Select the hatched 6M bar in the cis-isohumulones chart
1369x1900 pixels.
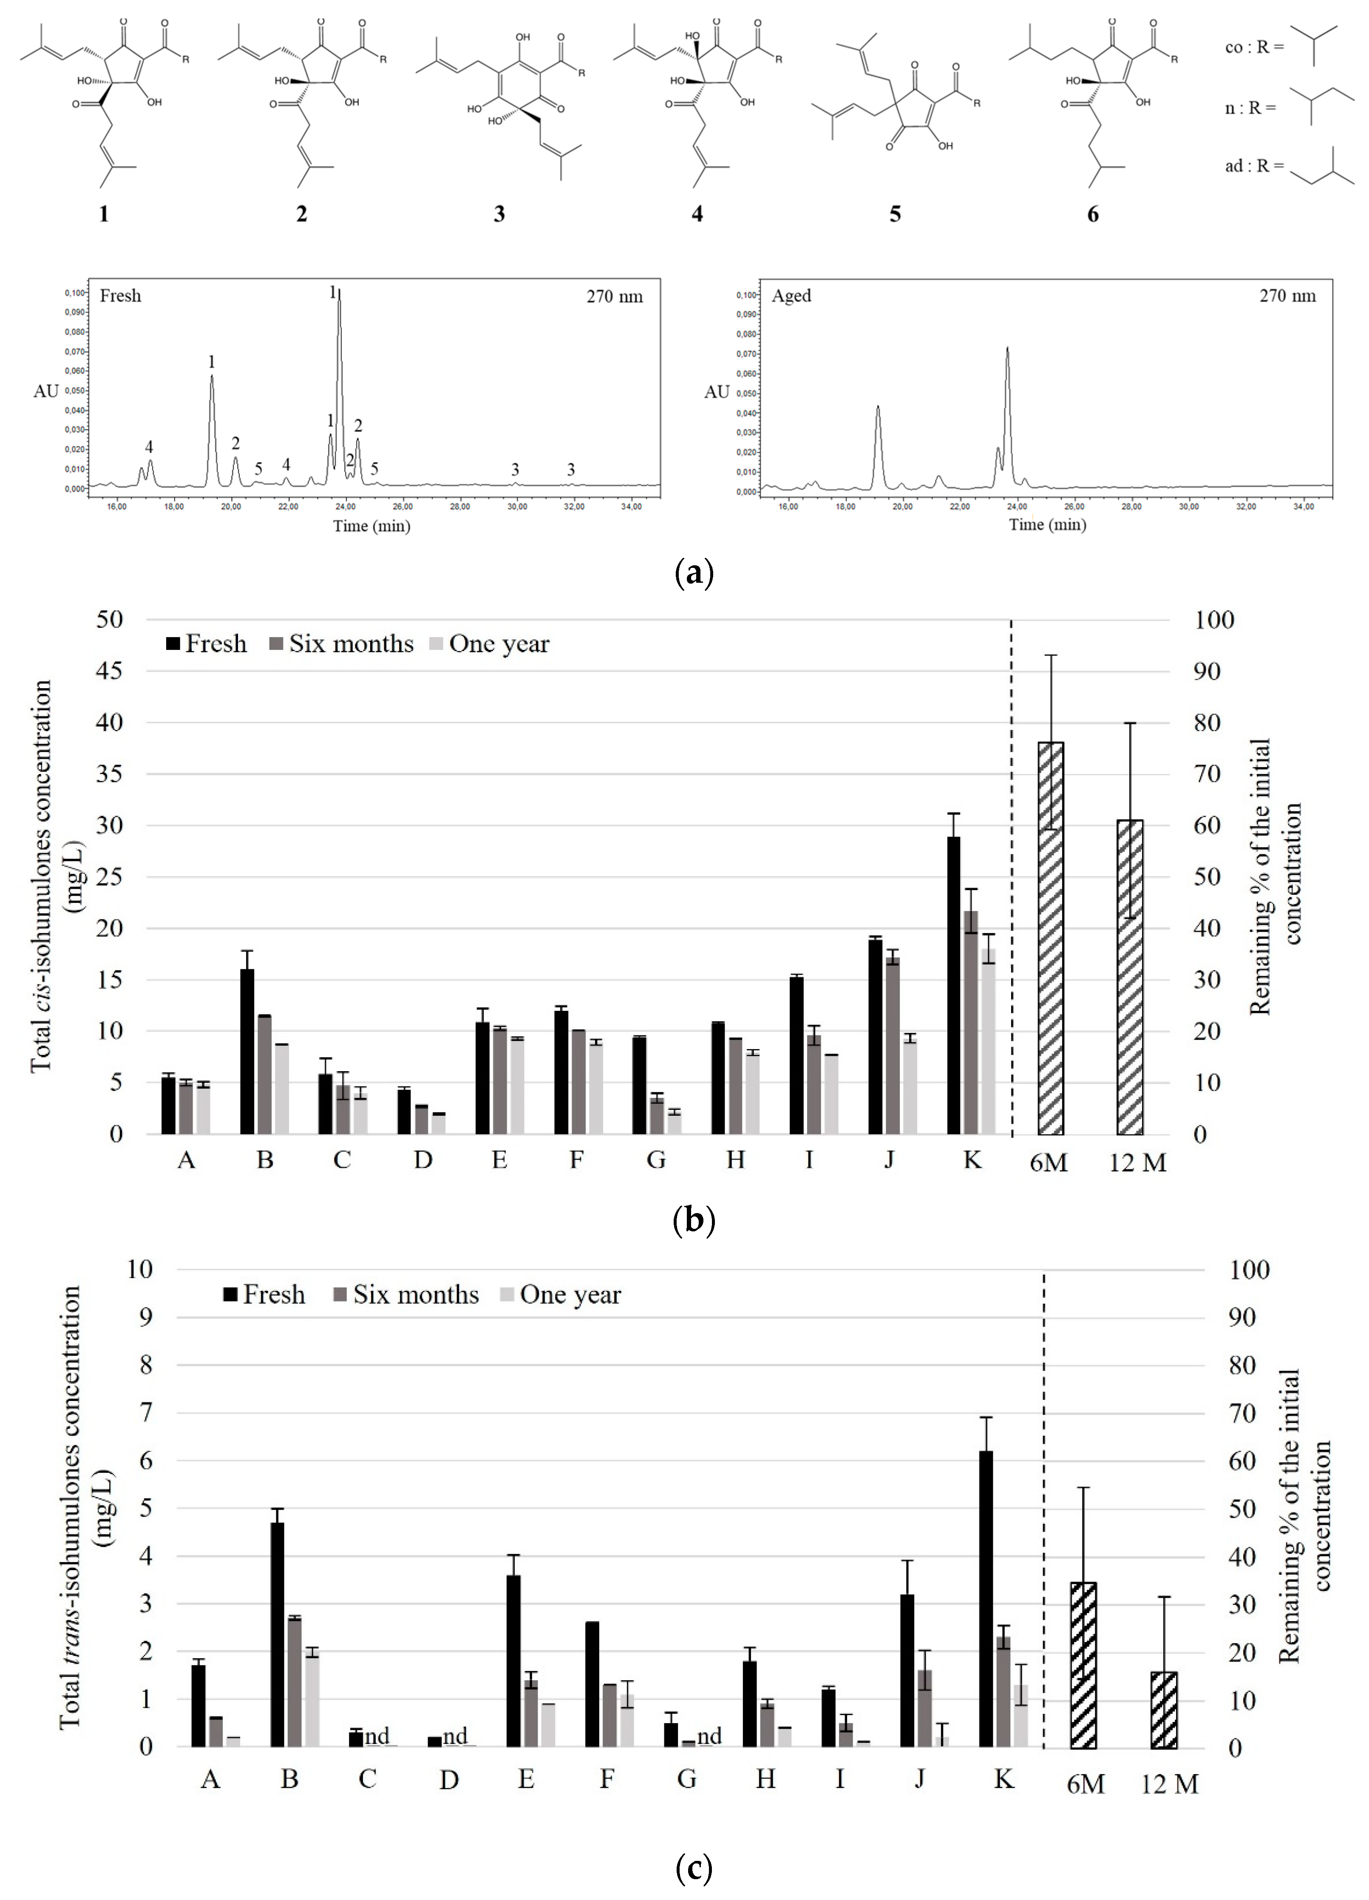click(1051, 938)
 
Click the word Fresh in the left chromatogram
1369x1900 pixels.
click(121, 296)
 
